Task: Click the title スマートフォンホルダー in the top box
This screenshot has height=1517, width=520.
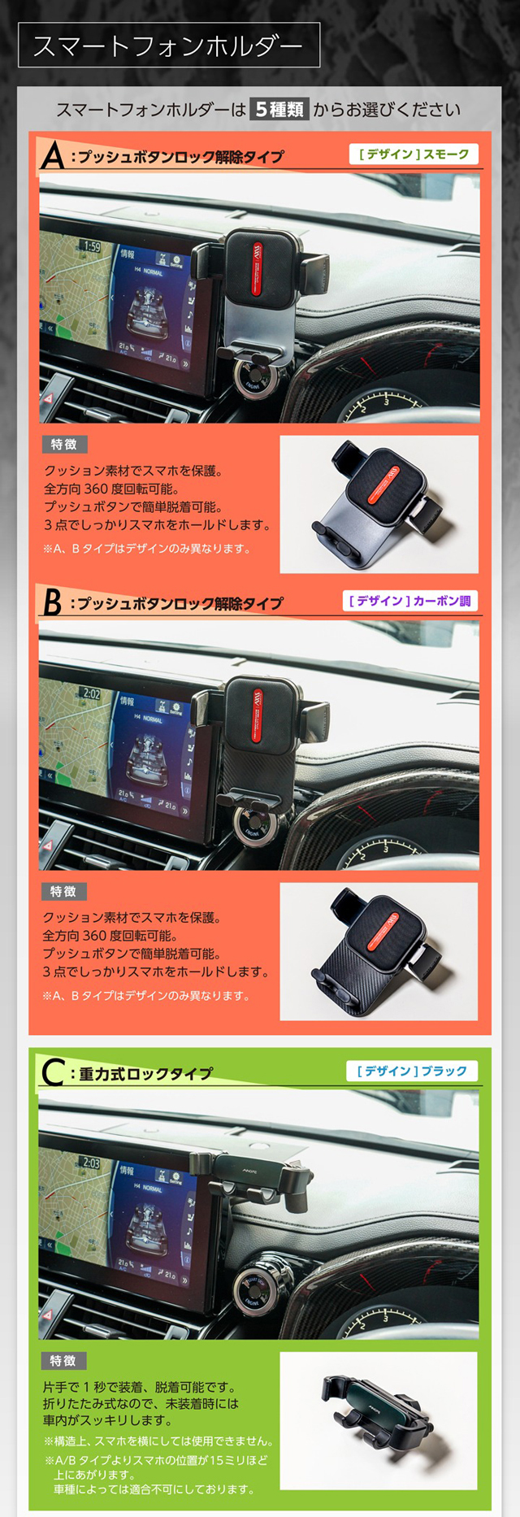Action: pos(168,46)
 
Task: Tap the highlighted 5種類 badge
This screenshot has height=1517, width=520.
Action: pos(279,109)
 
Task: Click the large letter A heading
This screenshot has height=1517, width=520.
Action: pos(52,155)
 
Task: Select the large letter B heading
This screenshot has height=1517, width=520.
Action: pos(52,602)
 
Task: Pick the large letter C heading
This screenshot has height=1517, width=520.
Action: pos(52,1073)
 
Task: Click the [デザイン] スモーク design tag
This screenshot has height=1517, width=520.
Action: pos(414,154)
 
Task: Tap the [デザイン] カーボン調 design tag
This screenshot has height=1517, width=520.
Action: pos(409,601)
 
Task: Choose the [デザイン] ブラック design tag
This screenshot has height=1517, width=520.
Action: pos(412,1071)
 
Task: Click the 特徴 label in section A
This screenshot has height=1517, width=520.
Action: pos(63,444)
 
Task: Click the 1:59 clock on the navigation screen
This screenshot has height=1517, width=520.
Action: pos(91,246)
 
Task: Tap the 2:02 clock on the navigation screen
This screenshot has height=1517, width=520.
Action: pos(91,693)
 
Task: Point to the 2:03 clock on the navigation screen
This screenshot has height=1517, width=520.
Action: pos(91,1163)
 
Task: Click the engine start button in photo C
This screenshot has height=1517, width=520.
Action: pos(251,1294)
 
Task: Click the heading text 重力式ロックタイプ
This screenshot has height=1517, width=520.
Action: pos(145,1074)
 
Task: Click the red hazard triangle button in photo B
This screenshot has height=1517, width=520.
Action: pos(48,846)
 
